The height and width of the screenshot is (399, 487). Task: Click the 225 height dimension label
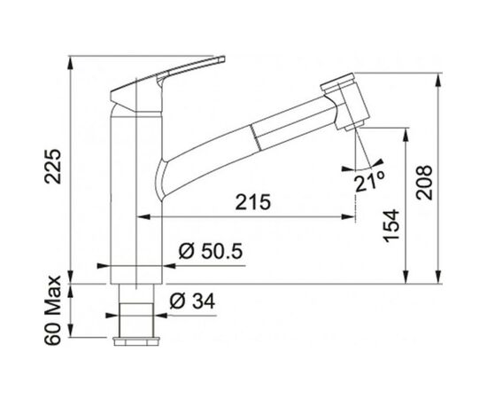[x=53, y=167]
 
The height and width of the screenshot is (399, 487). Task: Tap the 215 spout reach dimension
[x=253, y=202]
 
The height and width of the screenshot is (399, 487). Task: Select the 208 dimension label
[x=424, y=183]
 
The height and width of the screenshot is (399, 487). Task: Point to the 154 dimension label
[x=390, y=225]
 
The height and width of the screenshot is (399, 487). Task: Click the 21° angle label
[x=369, y=182]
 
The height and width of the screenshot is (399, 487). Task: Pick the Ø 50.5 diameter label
[x=210, y=251]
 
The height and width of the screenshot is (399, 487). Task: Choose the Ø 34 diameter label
[x=192, y=301]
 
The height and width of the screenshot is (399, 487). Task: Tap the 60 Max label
[x=52, y=310]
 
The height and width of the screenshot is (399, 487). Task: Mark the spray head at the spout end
[x=345, y=101]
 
